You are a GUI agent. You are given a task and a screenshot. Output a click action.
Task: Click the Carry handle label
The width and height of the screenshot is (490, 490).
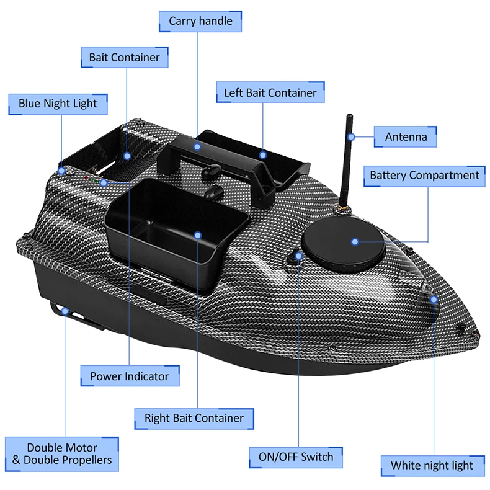point(200,21)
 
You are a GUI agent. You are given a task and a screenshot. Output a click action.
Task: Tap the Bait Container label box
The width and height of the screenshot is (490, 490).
point(125,58)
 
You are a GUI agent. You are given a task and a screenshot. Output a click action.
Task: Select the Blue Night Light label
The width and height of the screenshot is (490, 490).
point(58,104)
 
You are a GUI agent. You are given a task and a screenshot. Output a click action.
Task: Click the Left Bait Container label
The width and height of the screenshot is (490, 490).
point(270,93)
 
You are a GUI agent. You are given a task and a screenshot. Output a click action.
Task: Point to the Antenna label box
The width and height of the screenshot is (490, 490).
point(406,136)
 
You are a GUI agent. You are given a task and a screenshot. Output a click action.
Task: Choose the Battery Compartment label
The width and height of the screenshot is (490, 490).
point(424,176)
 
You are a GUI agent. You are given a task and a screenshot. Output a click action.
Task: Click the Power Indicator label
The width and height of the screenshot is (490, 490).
point(129,376)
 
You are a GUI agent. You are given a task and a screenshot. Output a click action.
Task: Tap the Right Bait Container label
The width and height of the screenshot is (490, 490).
point(194,418)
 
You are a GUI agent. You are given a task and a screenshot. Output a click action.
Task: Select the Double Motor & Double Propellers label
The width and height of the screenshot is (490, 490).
point(62,454)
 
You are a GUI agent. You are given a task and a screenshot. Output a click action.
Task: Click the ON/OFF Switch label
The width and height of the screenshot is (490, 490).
point(296,458)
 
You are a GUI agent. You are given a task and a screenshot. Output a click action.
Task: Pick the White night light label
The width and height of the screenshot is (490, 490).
point(432,465)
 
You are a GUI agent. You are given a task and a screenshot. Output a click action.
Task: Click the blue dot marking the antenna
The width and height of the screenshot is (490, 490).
point(352,136)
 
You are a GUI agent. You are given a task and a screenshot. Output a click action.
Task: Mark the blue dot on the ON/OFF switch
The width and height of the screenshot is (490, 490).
point(299,255)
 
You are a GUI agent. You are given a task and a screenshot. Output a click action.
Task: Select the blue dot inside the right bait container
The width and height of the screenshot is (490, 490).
point(197,236)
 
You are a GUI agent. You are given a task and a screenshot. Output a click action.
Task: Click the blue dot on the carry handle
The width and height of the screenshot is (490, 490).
point(197,147)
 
